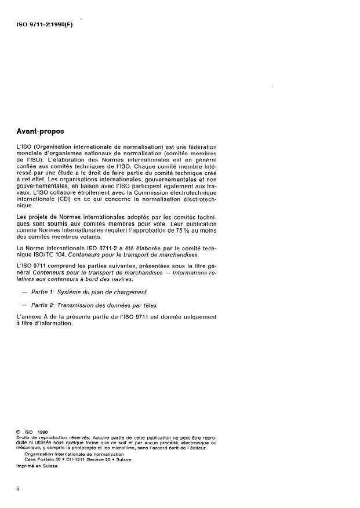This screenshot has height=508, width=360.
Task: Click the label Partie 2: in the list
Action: tap(43, 305)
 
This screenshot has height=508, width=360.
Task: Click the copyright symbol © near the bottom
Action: tap(19, 432)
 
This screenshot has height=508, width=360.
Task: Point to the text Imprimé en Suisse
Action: tap(37, 467)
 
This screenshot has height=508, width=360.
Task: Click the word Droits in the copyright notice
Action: tap(23, 437)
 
